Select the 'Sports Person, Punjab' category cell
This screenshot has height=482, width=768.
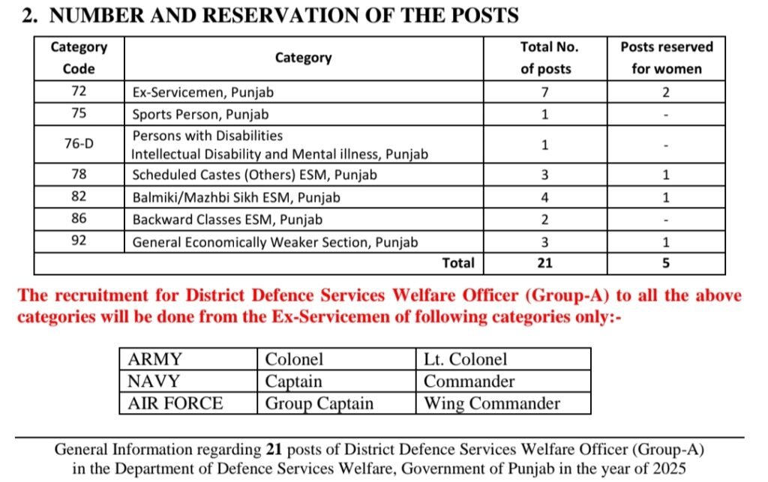[200, 115]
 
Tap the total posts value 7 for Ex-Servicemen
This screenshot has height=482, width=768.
[544, 92]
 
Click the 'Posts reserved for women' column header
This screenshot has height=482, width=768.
[666, 58]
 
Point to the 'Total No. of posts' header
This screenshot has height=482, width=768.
[545, 58]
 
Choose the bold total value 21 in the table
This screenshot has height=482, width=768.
[544, 263]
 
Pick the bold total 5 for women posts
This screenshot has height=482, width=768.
[666, 263]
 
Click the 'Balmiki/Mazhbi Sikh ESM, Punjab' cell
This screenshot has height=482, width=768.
[236, 198]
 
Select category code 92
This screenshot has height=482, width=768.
[79, 242]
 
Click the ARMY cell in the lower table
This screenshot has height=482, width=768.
[155, 359]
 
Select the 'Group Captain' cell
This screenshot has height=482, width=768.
[319, 403]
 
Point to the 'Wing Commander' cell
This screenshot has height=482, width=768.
[492, 403]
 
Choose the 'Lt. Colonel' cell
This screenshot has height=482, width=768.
[465, 359]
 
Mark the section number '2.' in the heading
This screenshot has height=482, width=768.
[30, 16]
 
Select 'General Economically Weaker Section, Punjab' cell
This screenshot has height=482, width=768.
[275, 242]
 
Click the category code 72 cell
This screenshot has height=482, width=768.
[79, 92]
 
